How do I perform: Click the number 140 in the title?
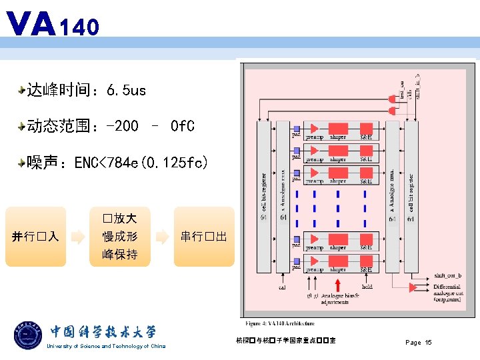tap(79, 27)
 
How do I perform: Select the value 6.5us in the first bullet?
tap(125, 90)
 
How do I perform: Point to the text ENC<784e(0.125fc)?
tap(141, 162)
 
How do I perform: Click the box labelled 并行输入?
tap(36, 237)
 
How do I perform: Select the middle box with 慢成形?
tap(120, 237)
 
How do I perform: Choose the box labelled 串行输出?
tap(204, 237)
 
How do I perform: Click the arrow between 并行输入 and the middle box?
tap(78, 237)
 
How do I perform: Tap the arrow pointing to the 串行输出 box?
tap(162, 237)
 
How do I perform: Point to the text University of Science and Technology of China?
tap(106, 346)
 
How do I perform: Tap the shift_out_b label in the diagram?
tap(448, 275)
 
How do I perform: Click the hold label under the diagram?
tap(367, 287)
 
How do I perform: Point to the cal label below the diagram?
tap(282, 287)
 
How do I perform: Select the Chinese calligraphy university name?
tap(103, 332)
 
